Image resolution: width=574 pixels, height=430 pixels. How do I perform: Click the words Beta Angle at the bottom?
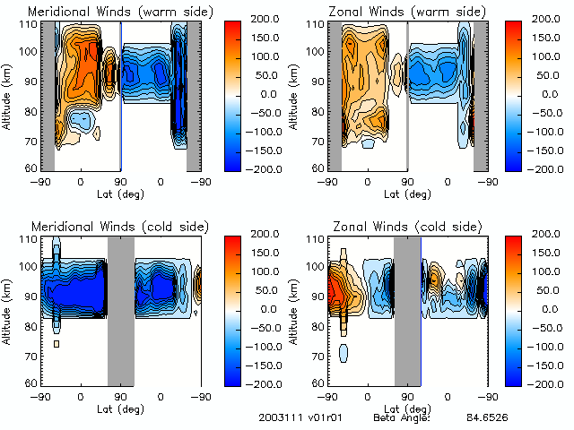click(x=402, y=418)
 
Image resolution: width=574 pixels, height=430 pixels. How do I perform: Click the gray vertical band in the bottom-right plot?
click(x=408, y=309)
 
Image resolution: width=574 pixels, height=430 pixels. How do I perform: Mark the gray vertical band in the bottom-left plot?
click(x=121, y=309)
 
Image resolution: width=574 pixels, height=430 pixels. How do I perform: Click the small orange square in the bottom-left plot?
click(x=57, y=344)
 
